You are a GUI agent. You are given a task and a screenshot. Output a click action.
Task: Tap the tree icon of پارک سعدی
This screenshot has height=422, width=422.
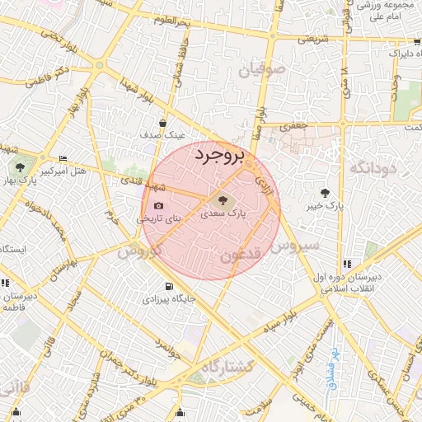coord(221,199)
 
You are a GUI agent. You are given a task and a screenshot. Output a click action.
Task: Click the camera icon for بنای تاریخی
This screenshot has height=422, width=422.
coord(158,206)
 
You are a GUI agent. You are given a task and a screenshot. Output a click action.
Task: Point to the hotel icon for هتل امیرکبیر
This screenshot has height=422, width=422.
coord(63,159)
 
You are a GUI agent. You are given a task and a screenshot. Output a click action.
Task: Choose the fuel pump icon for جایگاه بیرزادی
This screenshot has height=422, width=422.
coord(168,286)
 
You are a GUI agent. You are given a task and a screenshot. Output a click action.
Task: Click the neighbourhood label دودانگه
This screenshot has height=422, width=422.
coord(373,168)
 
